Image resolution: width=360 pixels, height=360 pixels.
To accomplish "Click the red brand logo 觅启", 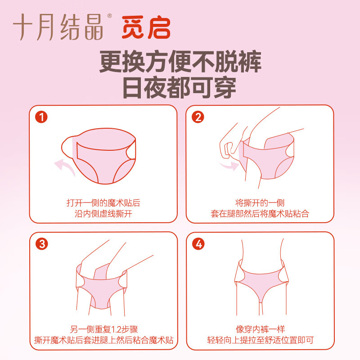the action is pyautogui.click(x=146, y=27).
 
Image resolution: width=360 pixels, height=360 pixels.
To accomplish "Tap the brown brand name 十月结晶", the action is pyautogui.click(x=58, y=27).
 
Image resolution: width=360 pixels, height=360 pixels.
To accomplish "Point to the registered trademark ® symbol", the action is pyautogui.click(x=109, y=16).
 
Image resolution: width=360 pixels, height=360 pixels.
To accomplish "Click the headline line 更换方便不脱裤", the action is pyautogui.click(x=180, y=62).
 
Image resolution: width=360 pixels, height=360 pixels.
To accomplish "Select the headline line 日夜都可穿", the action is pyautogui.click(x=180, y=87).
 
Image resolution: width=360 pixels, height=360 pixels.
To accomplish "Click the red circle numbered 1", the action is pyautogui.click(x=41, y=117).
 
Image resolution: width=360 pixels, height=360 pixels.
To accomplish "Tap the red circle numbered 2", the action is pyautogui.click(x=198, y=117).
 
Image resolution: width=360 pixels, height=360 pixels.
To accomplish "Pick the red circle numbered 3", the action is pyautogui.click(x=42, y=244).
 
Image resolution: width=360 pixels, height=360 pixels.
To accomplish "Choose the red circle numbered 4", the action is pyautogui.click(x=198, y=244).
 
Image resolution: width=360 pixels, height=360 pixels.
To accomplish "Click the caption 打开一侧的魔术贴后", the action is pyautogui.click(x=103, y=203).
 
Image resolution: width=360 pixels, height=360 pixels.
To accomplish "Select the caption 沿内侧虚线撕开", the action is pyautogui.click(x=103, y=214).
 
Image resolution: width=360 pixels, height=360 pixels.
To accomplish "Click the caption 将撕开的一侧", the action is pyautogui.click(x=260, y=203).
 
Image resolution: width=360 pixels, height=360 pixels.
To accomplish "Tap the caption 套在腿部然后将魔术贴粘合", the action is pyautogui.click(x=260, y=214).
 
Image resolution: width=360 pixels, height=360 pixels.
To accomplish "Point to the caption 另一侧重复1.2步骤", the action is pyautogui.click(x=104, y=329).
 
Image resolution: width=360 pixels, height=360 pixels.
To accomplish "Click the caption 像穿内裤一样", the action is pyautogui.click(x=261, y=329).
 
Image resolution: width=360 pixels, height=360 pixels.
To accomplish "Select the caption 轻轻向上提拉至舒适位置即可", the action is pyautogui.click(x=261, y=340).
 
